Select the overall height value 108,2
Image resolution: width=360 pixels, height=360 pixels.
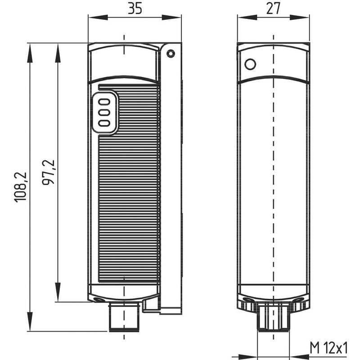pos(21,187)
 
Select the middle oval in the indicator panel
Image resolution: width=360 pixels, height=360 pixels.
pos(104,111)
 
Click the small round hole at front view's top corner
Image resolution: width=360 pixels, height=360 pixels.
pos(170,54)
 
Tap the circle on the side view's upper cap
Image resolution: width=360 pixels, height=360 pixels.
pos(250,64)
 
